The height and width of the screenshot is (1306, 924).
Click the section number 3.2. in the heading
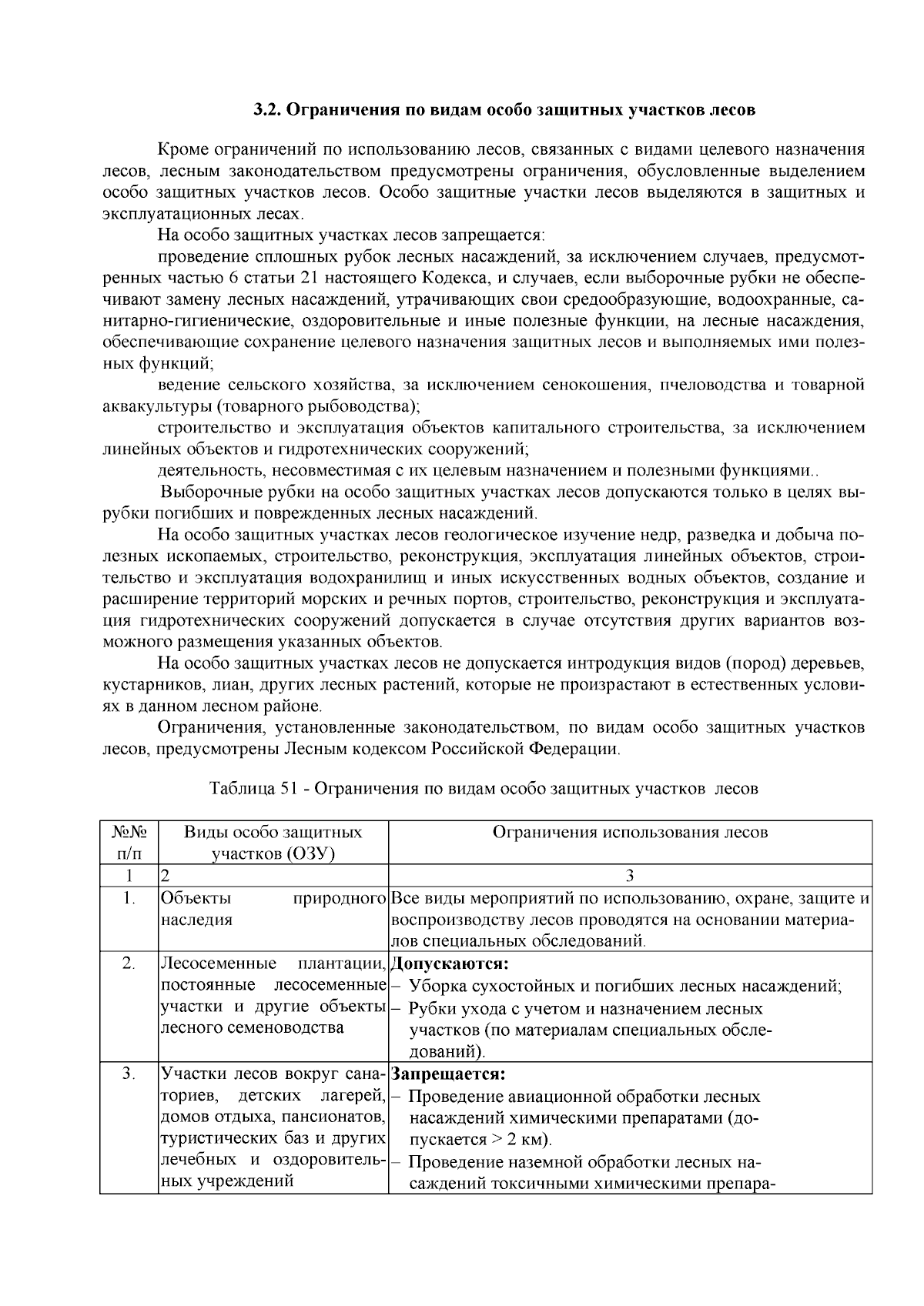point(269,110)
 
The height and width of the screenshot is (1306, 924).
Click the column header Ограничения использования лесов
point(629,832)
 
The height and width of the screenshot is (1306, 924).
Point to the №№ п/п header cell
point(129,843)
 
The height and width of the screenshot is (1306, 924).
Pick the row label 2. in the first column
point(129,964)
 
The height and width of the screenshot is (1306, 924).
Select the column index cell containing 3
point(629,875)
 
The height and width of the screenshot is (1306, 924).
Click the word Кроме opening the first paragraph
point(182,149)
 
